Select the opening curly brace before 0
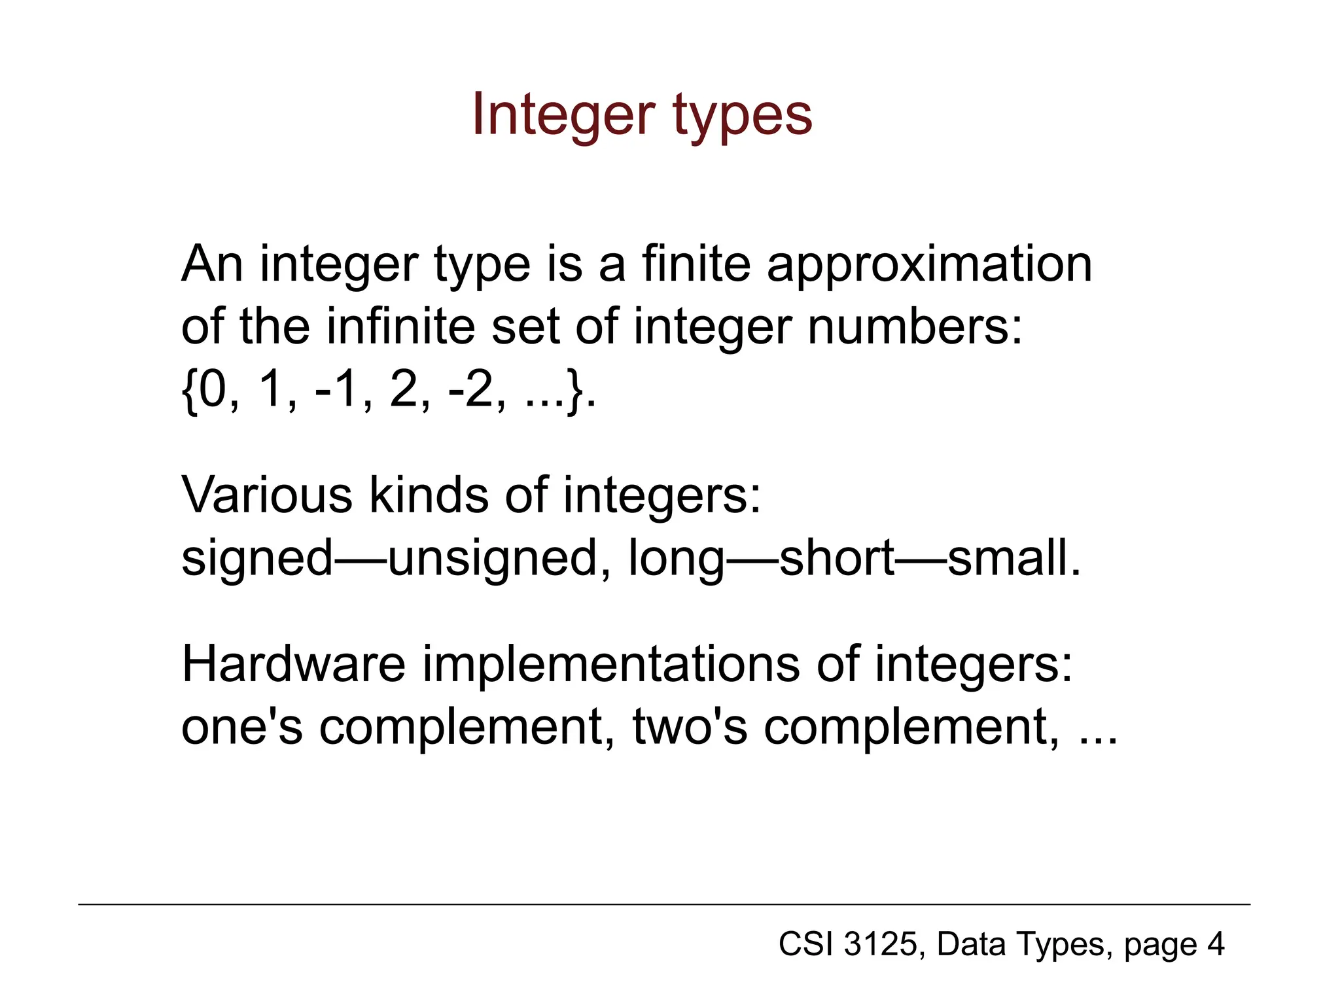[189, 391]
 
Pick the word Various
[267, 495]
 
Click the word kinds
[429, 495]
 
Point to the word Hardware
[293, 663]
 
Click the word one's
[241, 728]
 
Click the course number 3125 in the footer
[881, 944]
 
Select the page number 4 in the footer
[1216, 944]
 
